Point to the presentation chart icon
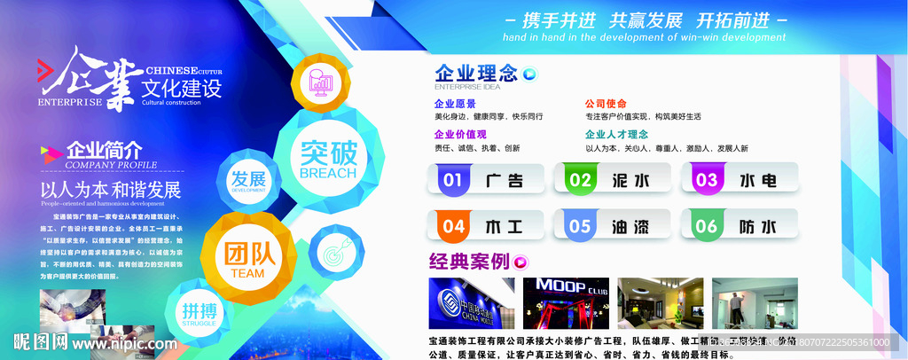pos(320,84)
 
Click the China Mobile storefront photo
pos(471,305)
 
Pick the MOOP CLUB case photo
pos(566,305)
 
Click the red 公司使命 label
pos(606,103)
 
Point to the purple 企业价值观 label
pos(460,134)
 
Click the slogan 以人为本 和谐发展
pos(111,190)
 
